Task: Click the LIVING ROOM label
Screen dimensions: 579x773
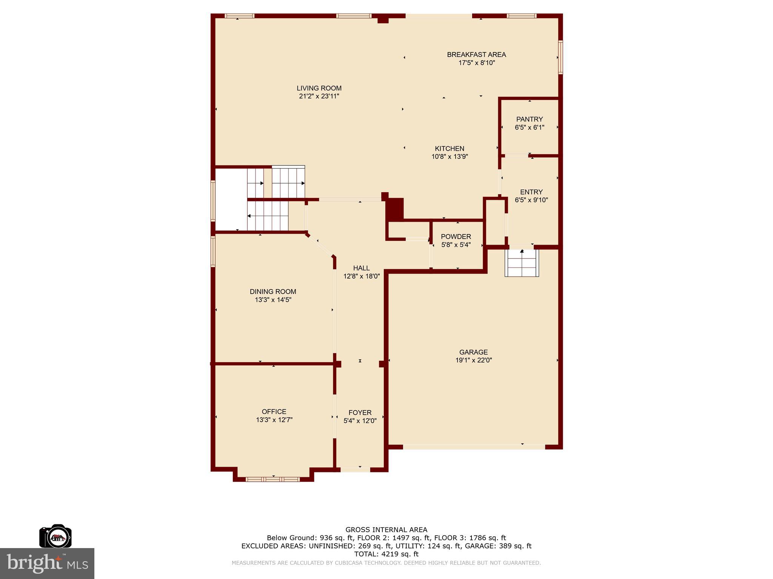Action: click(x=319, y=88)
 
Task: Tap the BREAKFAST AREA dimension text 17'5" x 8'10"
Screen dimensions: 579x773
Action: click(x=477, y=63)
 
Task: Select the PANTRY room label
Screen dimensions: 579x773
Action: click(x=530, y=119)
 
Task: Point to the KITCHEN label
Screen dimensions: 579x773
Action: click(x=450, y=149)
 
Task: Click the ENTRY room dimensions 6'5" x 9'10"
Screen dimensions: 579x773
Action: click(x=531, y=200)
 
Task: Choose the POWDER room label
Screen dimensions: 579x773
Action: click(x=456, y=237)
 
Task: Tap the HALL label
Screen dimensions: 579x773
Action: click(x=361, y=268)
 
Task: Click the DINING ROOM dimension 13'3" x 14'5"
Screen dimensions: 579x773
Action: click(x=273, y=300)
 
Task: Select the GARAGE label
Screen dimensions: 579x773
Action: click(x=473, y=352)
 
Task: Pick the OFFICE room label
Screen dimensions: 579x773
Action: click(x=274, y=412)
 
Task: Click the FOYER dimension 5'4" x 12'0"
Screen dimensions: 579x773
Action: click(x=360, y=421)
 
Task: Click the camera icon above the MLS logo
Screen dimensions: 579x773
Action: click(x=55, y=536)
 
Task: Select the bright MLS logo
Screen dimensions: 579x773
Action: click(x=47, y=563)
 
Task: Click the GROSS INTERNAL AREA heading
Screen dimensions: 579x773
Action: click(x=386, y=530)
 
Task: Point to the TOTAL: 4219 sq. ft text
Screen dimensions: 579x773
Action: click(x=386, y=554)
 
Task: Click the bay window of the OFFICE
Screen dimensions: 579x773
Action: click(x=273, y=479)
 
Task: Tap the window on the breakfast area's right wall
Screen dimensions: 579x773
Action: click(x=561, y=57)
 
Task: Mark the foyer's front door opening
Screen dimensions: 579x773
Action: click(x=355, y=470)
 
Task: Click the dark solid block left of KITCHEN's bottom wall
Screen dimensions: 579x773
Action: click(x=395, y=209)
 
